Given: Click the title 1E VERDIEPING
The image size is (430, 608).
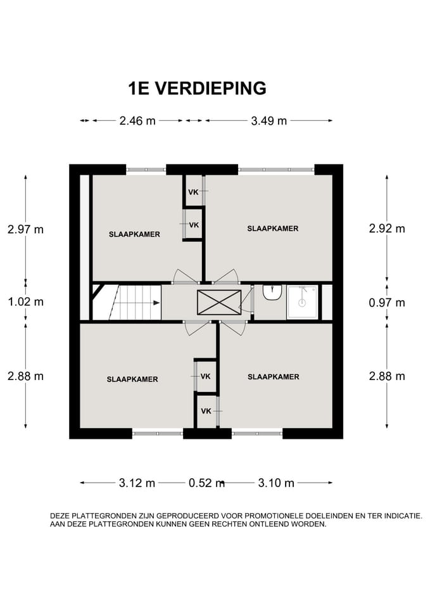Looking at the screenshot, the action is [x=198, y=89].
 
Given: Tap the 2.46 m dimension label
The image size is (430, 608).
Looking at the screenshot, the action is [x=137, y=121].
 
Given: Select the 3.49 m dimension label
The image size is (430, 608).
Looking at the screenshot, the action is [x=269, y=121].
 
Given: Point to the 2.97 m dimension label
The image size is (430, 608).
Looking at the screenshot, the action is [x=25, y=229].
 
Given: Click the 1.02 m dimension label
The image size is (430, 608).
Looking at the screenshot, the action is [x=25, y=301].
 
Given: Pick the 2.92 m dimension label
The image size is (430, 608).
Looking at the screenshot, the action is [x=387, y=229].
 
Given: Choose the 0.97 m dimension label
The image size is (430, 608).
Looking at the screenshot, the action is [x=387, y=303].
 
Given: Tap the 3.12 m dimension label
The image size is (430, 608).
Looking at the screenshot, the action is [x=137, y=483].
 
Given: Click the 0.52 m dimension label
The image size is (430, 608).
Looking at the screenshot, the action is [x=206, y=483].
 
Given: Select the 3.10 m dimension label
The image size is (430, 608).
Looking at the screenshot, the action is [x=276, y=483].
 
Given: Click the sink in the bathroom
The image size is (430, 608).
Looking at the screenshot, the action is [x=272, y=293].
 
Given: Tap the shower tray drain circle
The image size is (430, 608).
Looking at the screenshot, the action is [x=301, y=303].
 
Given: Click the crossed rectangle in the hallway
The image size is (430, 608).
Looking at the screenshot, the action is [x=219, y=303].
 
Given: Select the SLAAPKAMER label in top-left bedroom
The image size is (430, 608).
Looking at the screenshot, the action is [x=134, y=234].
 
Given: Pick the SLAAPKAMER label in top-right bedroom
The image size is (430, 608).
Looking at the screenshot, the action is [x=273, y=229].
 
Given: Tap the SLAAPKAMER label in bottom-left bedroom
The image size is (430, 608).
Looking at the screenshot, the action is [x=132, y=379].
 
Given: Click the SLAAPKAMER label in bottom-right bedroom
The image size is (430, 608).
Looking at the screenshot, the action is [x=274, y=376].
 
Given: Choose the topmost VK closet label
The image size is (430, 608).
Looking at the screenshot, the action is [x=194, y=192].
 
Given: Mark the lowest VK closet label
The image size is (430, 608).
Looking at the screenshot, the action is [x=206, y=411].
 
